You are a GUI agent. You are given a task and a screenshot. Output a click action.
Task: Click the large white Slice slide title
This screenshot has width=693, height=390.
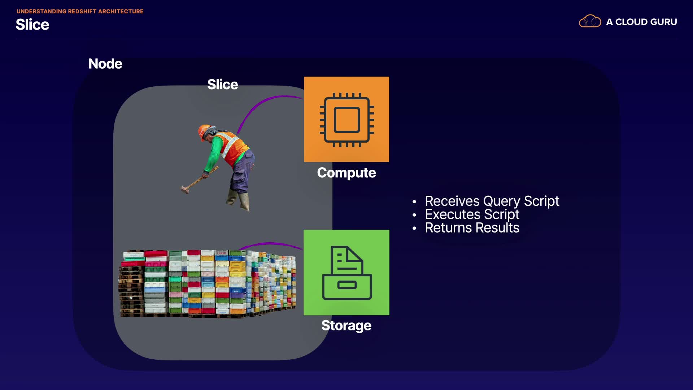[32, 25]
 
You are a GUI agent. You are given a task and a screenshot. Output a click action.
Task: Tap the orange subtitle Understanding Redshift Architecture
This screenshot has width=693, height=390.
[80, 12]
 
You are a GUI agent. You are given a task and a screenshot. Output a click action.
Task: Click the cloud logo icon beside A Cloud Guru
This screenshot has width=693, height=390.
[590, 21]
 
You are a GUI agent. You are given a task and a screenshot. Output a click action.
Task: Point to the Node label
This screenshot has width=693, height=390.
[105, 64]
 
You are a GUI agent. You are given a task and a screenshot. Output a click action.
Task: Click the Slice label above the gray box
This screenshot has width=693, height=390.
[222, 84]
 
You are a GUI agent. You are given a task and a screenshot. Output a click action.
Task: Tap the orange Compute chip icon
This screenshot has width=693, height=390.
[346, 119]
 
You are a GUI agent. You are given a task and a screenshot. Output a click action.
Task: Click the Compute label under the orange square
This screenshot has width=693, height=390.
[346, 173]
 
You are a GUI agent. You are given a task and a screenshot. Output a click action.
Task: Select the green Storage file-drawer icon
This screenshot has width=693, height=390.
[346, 273]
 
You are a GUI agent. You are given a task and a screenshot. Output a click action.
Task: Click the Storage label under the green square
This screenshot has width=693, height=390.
[346, 325]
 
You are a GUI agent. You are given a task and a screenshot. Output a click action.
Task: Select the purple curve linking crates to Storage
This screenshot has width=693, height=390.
[271, 244]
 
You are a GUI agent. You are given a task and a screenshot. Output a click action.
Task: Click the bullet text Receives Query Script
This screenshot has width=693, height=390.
[492, 201]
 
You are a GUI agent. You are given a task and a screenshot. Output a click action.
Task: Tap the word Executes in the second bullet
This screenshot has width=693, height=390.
[452, 214]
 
